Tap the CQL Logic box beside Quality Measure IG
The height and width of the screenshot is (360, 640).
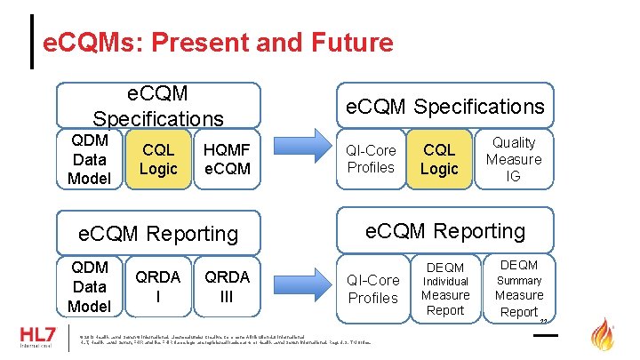point(439,160)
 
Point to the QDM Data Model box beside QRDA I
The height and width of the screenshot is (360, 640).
point(90,286)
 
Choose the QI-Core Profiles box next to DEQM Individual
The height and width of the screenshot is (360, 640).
point(372,289)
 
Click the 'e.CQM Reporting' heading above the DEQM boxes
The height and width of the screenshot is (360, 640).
point(444,231)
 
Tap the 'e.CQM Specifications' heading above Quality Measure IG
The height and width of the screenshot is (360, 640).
point(444,107)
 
